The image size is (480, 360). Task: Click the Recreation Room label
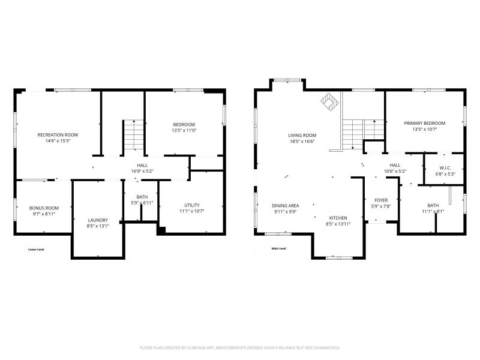(58, 135)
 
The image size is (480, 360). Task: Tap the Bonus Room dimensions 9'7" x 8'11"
(44, 214)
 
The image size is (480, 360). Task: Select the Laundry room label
(97, 220)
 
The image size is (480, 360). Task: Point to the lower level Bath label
(142, 197)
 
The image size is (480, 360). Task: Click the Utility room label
(191, 205)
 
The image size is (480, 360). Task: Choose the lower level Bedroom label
(184, 124)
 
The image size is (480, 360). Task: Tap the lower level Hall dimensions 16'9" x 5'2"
(142, 171)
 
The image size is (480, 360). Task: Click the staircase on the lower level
(133, 135)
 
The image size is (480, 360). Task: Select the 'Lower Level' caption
(36, 249)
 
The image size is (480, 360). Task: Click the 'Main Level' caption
(279, 248)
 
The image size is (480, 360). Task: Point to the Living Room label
(302, 135)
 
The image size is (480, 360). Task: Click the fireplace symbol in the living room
(329, 102)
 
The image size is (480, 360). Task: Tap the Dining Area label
(286, 205)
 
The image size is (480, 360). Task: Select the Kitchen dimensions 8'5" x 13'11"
(338, 224)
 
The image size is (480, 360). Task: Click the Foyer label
(382, 200)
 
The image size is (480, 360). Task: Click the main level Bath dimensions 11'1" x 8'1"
(433, 211)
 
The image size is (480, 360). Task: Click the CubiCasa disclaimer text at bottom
(240, 347)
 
